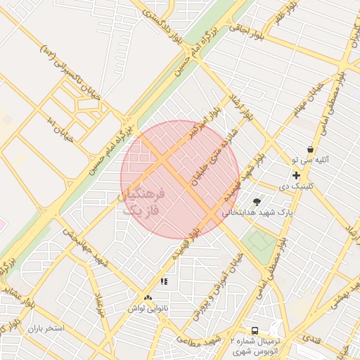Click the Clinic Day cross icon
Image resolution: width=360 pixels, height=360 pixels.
point(296,175)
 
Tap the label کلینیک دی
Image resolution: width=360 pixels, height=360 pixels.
point(294,187)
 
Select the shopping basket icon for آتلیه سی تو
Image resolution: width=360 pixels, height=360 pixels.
point(311,149)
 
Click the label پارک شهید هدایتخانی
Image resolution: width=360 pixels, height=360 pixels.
point(257,211)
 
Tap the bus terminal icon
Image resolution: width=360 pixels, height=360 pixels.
point(254,330)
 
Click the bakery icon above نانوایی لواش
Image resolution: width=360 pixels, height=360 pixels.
point(148,298)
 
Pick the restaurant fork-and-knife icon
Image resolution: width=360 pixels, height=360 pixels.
point(164,282)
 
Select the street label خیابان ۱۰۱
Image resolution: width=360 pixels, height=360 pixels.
point(58,127)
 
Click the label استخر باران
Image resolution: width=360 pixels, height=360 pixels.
point(46,328)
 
